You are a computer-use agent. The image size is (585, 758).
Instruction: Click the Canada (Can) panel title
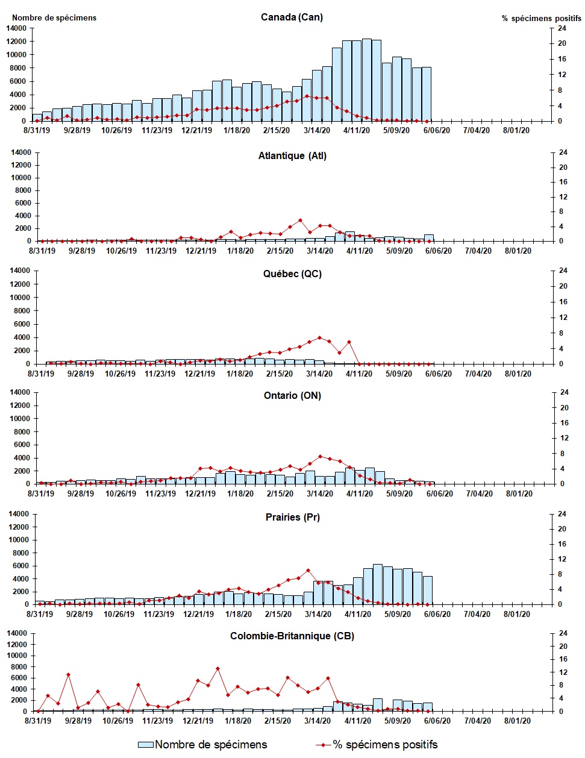292,17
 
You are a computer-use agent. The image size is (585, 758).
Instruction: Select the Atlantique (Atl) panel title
292,155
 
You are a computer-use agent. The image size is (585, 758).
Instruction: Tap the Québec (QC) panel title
292,274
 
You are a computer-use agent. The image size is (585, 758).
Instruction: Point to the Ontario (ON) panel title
292,395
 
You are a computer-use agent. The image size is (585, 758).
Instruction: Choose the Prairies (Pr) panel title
292,517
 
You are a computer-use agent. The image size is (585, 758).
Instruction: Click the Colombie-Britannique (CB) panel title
292,636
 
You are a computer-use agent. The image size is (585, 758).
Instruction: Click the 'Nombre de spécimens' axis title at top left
54,17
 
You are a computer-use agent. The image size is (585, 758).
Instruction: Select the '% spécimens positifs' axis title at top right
541,18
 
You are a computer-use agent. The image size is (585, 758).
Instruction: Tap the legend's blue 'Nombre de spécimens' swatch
146,745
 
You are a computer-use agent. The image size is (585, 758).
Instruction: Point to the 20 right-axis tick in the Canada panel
561,43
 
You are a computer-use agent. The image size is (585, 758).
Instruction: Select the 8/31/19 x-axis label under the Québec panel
41,374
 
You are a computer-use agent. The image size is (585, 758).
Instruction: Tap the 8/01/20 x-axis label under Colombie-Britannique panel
516,721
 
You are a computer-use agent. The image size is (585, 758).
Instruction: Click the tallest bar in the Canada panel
366,80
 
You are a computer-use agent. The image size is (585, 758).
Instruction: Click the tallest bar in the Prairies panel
378,584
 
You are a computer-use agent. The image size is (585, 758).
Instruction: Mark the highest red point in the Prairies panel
308,570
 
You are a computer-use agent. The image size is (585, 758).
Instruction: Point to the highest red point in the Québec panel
319,338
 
